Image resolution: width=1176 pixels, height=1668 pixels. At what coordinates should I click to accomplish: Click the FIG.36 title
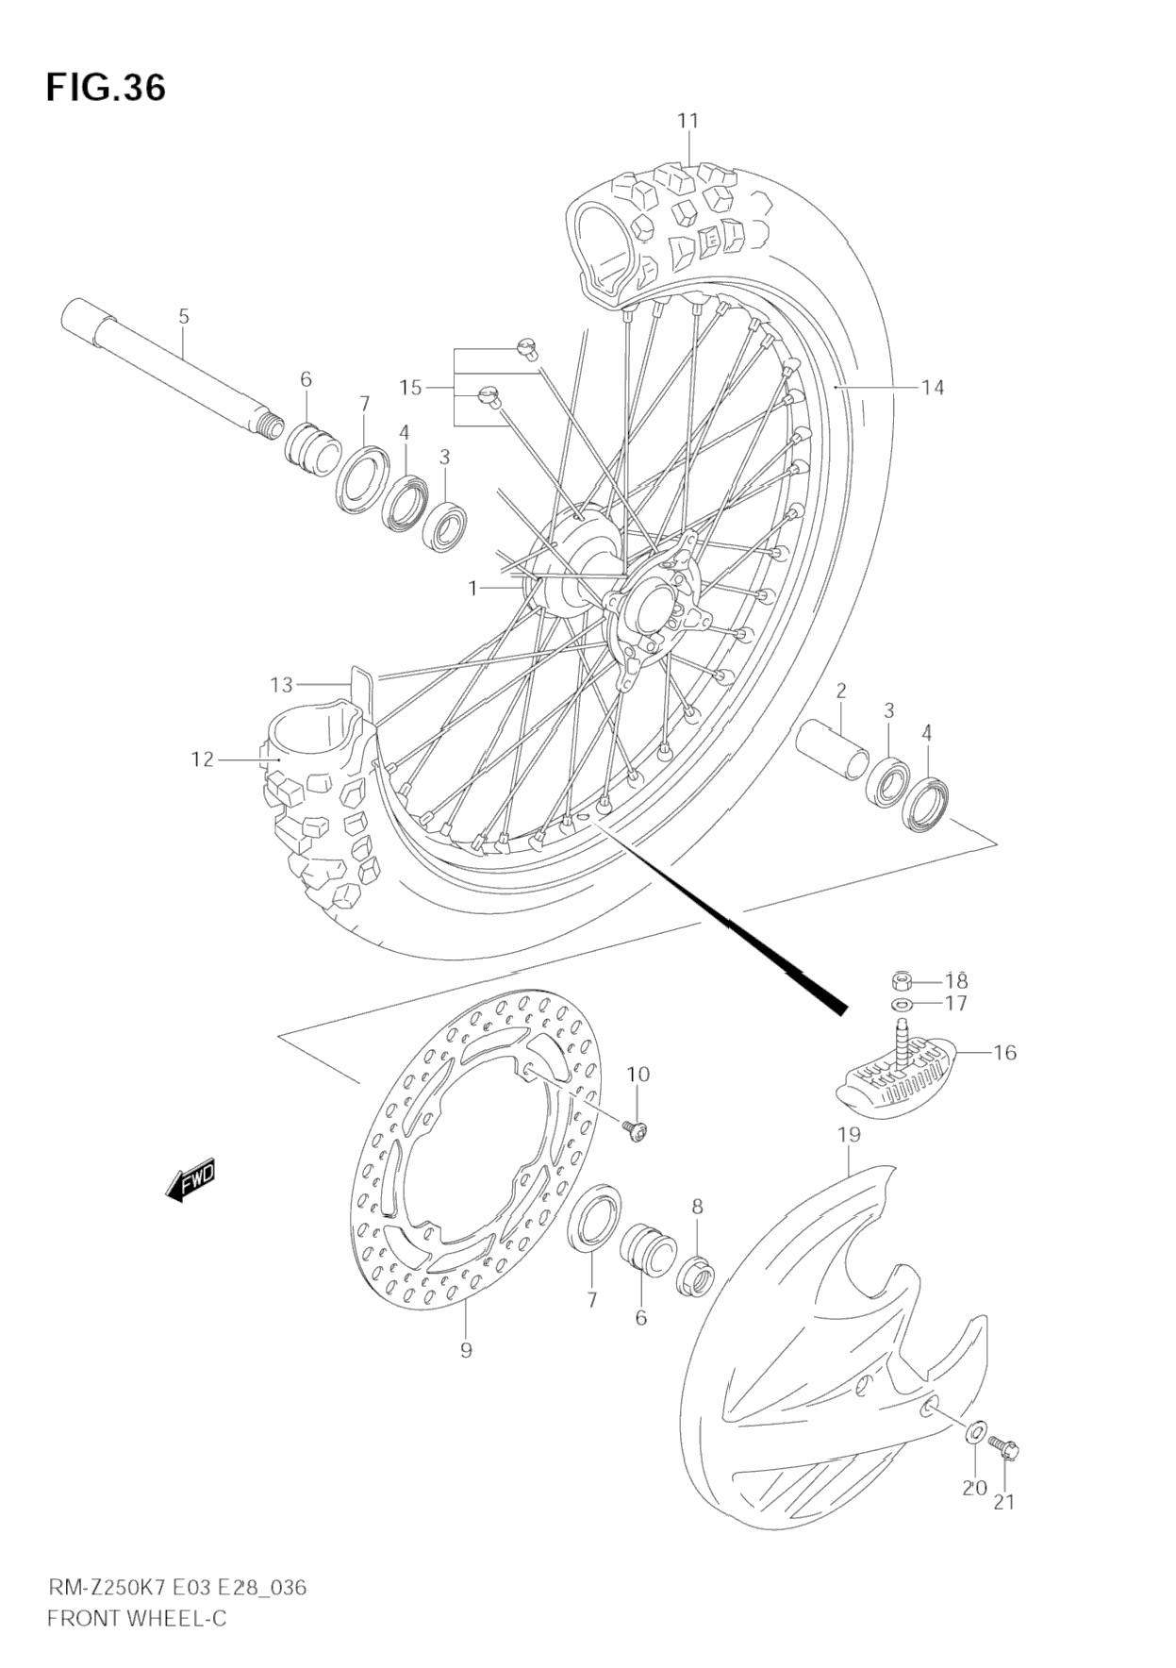click(x=106, y=88)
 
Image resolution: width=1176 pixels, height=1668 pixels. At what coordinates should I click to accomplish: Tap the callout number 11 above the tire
click(x=687, y=121)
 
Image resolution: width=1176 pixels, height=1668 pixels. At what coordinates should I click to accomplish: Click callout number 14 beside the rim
click(x=932, y=387)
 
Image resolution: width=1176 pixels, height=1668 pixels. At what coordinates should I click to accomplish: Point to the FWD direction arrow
click(x=191, y=1179)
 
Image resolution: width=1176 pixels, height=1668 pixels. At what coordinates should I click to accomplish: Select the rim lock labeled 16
click(x=896, y=1080)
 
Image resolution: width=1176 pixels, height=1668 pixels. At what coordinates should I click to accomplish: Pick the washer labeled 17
click(x=901, y=1003)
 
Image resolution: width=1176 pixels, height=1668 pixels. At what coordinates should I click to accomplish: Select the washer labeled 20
click(x=974, y=1433)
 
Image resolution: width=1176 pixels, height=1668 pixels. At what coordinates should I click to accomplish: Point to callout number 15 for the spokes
click(x=410, y=387)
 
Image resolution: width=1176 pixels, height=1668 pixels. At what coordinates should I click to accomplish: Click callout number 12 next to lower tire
click(x=203, y=759)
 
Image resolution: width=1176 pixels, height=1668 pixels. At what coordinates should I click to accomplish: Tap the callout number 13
click(x=281, y=684)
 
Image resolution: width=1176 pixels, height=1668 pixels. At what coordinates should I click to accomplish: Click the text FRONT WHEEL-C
click(x=137, y=1619)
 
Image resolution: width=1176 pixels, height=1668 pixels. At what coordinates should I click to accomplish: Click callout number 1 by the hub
click(x=473, y=588)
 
